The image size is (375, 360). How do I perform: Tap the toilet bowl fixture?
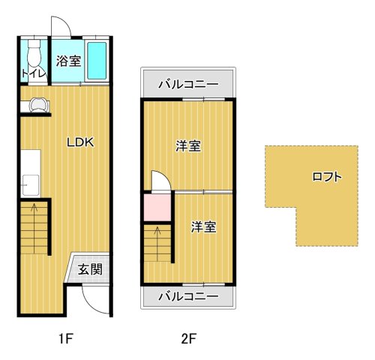(34, 53)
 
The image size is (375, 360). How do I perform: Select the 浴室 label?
(69, 61)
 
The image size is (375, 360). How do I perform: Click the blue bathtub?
(97, 61)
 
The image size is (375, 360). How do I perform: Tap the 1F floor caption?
(65, 337)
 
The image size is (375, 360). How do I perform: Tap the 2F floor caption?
(188, 337)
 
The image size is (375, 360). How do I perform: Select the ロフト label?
(327, 178)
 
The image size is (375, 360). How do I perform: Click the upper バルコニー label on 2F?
(188, 85)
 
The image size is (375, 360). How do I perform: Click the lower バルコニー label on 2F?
(188, 296)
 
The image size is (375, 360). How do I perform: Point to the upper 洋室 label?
(188, 146)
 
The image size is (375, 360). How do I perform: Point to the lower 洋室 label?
(202, 226)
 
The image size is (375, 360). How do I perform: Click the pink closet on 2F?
(157, 207)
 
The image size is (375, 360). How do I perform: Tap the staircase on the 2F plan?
(157, 241)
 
